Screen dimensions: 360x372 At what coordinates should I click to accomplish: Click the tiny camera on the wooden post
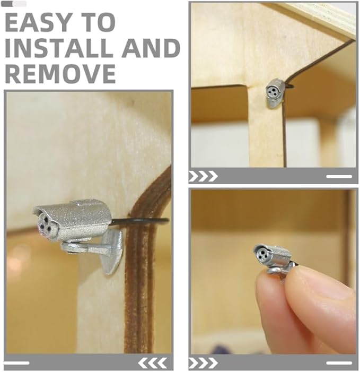click(275, 93)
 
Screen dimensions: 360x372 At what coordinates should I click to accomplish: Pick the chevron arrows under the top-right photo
click(203, 176)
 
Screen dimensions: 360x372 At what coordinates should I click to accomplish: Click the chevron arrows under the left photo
click(153, 363)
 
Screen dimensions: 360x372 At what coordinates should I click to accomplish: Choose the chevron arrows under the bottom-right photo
click(203, 363)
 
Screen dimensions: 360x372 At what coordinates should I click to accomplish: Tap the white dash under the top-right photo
click(339, 176)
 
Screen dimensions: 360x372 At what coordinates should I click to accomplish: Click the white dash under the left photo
click(16, 363)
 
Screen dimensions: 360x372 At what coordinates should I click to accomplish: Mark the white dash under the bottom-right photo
click(339, 363)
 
